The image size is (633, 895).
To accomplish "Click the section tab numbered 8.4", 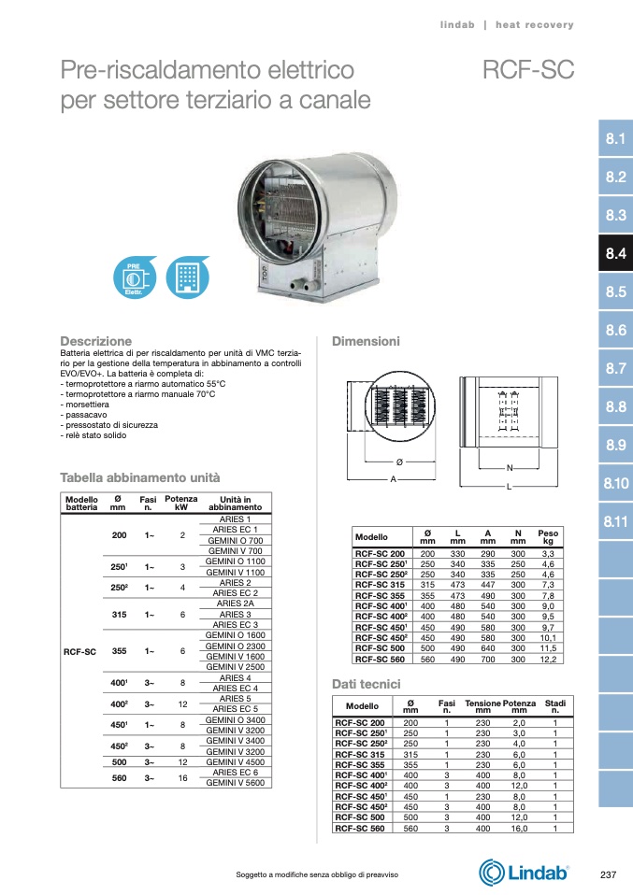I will tap(614, 253).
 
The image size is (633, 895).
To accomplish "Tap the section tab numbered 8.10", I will tap(614, 483).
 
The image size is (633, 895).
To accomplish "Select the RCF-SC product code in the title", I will tap(527, 71).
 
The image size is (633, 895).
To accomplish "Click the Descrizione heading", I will tap(96, 341).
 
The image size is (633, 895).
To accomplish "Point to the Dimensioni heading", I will tap(366, 341).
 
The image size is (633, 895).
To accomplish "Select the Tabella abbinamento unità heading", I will tap(140, 476).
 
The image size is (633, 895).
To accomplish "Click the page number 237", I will tap(608, 874).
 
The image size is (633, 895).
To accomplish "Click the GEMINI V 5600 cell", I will tap(235, 783).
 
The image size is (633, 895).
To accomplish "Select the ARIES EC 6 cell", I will tap(235, 773).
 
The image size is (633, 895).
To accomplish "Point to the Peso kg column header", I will tap(548, 537).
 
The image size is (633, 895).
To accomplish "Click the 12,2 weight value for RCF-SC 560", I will tap(548, 659).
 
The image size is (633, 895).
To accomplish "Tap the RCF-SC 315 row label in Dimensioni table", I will tap(379, 584).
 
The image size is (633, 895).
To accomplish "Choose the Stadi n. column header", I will tap(554, 706).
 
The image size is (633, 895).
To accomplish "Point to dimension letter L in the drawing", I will tap(508, 487).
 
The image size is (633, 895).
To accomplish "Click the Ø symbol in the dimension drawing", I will tap(399, 463).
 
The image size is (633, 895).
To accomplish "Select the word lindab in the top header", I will tap(457, 25).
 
